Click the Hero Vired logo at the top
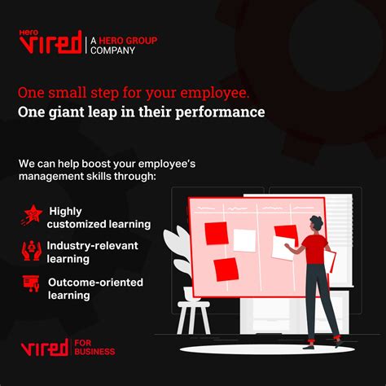click(x=50, y=42)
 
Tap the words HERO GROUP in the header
click(x=128, y=41)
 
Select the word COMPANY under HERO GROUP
click(x=112, y=50)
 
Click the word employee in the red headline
click(x=214, y=93)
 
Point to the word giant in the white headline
click(x=66, y=112)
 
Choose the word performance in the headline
click(x=220, y=112)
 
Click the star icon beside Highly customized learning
click(x=32, y=215)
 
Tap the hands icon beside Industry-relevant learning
click(x=32, y=251)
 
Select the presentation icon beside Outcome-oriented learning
click(x=31, y=283)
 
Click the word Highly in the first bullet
click(x=65, y=212)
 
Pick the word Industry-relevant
click(x=93, y=246)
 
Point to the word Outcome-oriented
click(x=95, y=283)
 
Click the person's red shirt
click(x=315, y=249)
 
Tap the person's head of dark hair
click(x=316, y=222)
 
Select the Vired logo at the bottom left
click(x=45, y=348)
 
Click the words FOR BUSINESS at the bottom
click(x=94, y=348)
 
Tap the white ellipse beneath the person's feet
click(x=267, y=349)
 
